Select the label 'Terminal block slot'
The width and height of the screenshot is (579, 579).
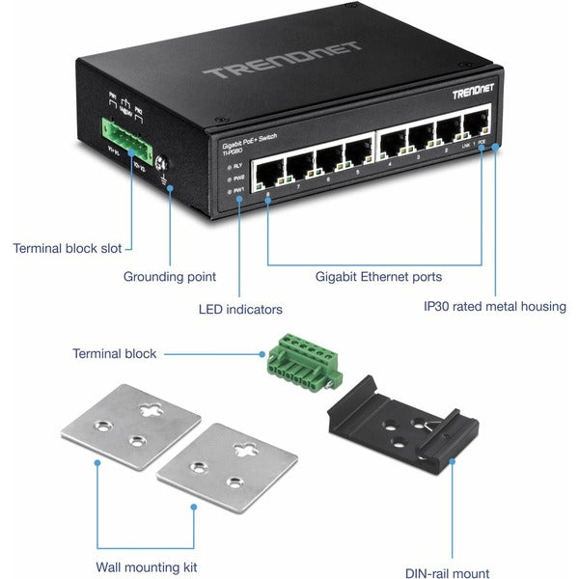68,248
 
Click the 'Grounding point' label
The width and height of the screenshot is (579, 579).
169,277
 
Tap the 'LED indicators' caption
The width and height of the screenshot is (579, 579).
240,310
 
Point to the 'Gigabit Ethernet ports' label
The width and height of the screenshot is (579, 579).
378,277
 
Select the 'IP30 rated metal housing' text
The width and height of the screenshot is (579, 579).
495,307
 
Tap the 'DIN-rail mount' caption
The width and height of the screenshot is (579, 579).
447,572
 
